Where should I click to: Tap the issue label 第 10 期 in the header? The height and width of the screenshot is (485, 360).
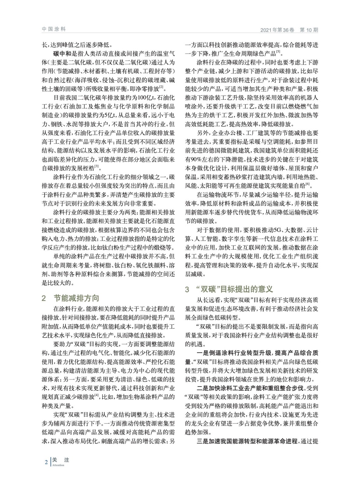(x=309, y=30)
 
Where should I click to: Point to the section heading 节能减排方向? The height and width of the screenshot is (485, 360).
(x=76, y=298)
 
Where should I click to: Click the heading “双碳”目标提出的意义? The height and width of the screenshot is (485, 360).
(x=234, y=289)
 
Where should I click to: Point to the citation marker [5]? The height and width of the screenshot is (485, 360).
(x=278, y=52)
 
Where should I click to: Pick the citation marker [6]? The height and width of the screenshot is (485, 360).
(x=307, y=183)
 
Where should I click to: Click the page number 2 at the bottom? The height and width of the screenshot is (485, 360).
(x=46, y=462)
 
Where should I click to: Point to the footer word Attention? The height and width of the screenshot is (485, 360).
(x=58, y=465)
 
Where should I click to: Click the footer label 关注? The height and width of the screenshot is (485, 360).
(x=61, y=460)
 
